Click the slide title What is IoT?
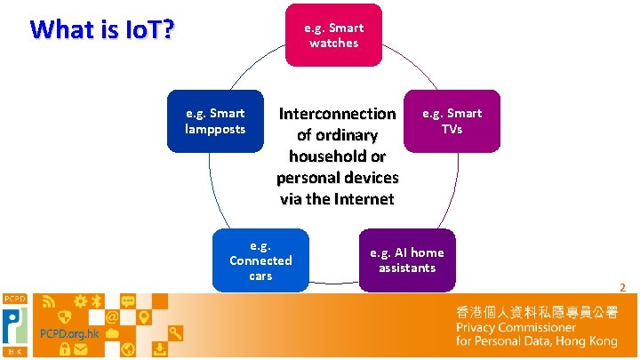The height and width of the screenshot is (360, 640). coord(102,29)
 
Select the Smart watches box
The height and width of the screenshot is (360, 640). coord(333,36)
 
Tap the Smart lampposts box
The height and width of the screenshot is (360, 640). coord(215,121)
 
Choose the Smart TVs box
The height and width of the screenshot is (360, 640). coord(452,121)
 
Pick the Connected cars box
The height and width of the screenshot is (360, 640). coord(260,260)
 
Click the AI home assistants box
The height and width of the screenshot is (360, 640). coord(406,260)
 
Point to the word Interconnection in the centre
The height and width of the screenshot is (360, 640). coord(337,114)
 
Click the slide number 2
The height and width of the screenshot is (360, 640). coord(622,287)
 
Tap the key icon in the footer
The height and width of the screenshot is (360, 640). coord(176,332)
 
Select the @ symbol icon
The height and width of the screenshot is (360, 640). coord(113,316)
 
